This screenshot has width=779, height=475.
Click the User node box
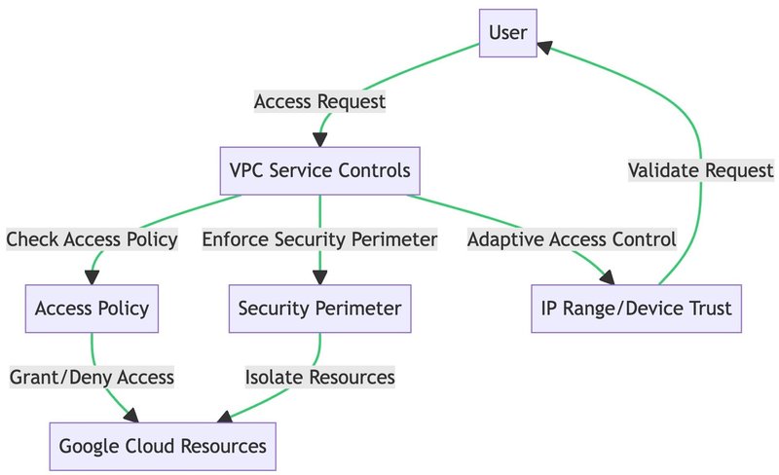tap(508, 33)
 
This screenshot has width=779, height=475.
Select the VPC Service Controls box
tap(319, 170)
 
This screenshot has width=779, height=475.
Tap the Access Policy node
tap(92, 309)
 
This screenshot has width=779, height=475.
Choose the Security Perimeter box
tap(319, 309)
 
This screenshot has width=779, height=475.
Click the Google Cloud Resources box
tap(163, 447)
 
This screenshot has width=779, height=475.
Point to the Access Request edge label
tap(319, 101)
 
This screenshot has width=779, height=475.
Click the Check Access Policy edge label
tap(92, 239)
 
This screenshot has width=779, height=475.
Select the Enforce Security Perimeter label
tap(319, 239)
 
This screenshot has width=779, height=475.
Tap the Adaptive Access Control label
tap(572, 239)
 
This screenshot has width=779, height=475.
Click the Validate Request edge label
tap(701, 170)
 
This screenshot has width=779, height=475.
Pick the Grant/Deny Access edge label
tap(92, 378)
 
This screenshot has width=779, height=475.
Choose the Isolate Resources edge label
tap(319, 378)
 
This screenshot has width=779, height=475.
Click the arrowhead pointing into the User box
tap(546, 45)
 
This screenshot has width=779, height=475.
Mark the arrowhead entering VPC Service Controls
tap(319, 139)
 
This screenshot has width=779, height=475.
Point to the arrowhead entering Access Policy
tap(92, 277)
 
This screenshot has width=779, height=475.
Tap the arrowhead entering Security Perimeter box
tap(319, 277)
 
